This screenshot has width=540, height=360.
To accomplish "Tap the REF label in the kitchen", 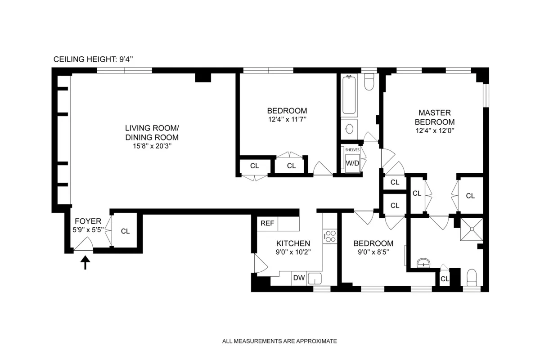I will coord(267,223).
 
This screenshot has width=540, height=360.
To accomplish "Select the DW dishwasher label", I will coord(299,278).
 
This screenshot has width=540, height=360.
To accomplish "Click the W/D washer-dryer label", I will coord(352,163).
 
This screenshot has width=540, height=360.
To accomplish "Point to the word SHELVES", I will coord(352,149).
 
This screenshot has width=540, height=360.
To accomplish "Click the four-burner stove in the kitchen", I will coord(330,236).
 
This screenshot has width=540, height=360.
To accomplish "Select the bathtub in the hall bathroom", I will coord(349,96).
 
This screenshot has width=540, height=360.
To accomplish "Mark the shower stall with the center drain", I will coord(471,229).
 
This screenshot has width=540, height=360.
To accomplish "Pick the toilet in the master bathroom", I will coord(472,277).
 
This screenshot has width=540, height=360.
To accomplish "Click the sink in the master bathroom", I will coord(423,263).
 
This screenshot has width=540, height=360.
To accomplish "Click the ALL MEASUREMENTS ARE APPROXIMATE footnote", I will coord(279,341).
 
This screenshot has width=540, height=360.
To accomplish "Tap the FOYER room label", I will coord(88,221).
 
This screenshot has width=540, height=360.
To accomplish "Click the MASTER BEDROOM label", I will coord(435,117).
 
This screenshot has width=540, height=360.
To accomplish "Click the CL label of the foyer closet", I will coord(125,231).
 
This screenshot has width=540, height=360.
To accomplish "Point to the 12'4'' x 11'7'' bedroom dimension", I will coord(287,120).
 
